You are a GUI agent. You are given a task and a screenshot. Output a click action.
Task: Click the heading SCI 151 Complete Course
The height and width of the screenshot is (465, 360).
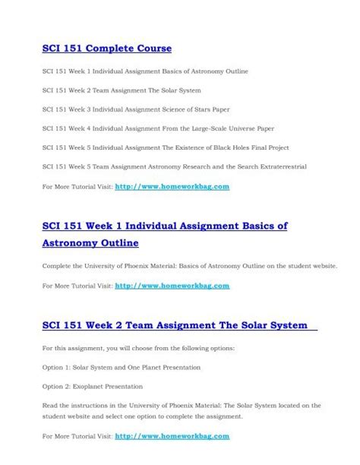(107, 49)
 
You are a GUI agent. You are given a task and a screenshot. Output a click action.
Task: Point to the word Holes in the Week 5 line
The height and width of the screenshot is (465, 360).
(249, 147)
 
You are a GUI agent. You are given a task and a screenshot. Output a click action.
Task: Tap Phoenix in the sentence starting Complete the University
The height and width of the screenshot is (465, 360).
(135, 267)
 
